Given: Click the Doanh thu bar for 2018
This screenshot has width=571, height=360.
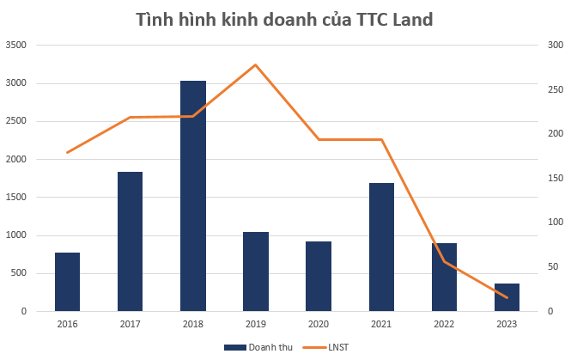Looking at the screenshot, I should [x=192, y=196].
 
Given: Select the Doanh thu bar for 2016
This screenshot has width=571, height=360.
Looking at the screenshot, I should [x=67, y=282].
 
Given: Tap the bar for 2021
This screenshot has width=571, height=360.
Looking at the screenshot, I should [x=381, y=247].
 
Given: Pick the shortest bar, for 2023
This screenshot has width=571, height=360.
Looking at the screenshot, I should [x=507, y=297].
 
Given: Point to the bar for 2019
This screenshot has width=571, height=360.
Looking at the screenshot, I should [x=256, y=272].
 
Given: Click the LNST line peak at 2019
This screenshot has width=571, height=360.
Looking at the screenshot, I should [x=256, y=64].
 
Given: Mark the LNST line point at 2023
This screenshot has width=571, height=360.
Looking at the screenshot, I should [x=507, y=297].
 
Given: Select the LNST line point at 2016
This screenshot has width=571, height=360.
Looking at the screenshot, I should [x=67, y=152].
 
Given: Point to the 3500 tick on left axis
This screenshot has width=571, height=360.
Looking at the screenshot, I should [x=15, y=45].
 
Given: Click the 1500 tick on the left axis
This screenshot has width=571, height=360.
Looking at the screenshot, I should [x=15, y=197].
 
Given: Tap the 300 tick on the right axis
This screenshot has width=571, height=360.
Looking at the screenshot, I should [x=555, y=45].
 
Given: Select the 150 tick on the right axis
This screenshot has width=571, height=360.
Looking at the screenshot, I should [x=555, y=178].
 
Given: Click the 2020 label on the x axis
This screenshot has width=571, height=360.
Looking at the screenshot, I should [x=319, y=323].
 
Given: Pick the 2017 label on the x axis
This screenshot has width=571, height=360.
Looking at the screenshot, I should [x=130, y=323].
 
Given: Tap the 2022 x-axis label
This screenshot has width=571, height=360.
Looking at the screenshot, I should [x=444, y=323].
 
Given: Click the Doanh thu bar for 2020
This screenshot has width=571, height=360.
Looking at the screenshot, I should [x=319, y=276].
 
